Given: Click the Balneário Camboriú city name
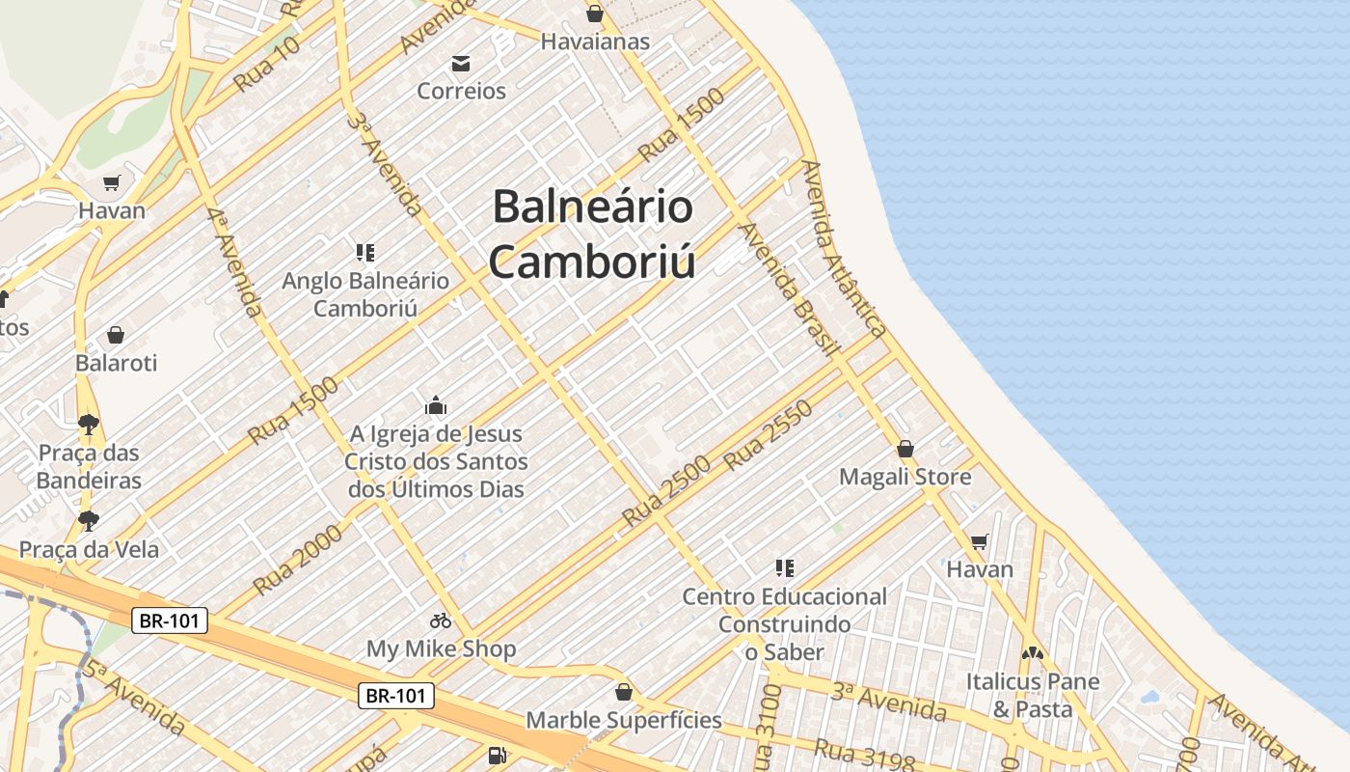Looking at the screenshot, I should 592,234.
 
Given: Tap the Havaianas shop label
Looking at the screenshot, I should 595,41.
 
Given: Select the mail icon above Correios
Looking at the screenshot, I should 461,64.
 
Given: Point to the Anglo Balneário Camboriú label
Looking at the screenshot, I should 365,294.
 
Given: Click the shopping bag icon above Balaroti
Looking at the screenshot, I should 116,335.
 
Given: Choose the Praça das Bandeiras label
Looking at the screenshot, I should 89,466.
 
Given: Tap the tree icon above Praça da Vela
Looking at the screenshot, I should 89,521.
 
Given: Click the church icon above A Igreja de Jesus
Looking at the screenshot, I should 436,405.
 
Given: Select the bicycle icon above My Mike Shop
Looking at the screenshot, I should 441,620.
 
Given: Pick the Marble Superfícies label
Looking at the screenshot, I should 623,720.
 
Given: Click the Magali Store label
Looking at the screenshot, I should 904,477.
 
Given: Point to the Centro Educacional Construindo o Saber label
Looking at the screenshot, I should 784,623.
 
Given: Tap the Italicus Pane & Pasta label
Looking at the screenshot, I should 1033,695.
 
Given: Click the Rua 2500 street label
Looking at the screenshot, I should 666,490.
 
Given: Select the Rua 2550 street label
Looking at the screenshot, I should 768,435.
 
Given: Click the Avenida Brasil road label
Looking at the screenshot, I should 785,289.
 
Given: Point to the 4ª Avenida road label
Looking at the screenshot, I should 234,261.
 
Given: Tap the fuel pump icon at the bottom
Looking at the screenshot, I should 497,756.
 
